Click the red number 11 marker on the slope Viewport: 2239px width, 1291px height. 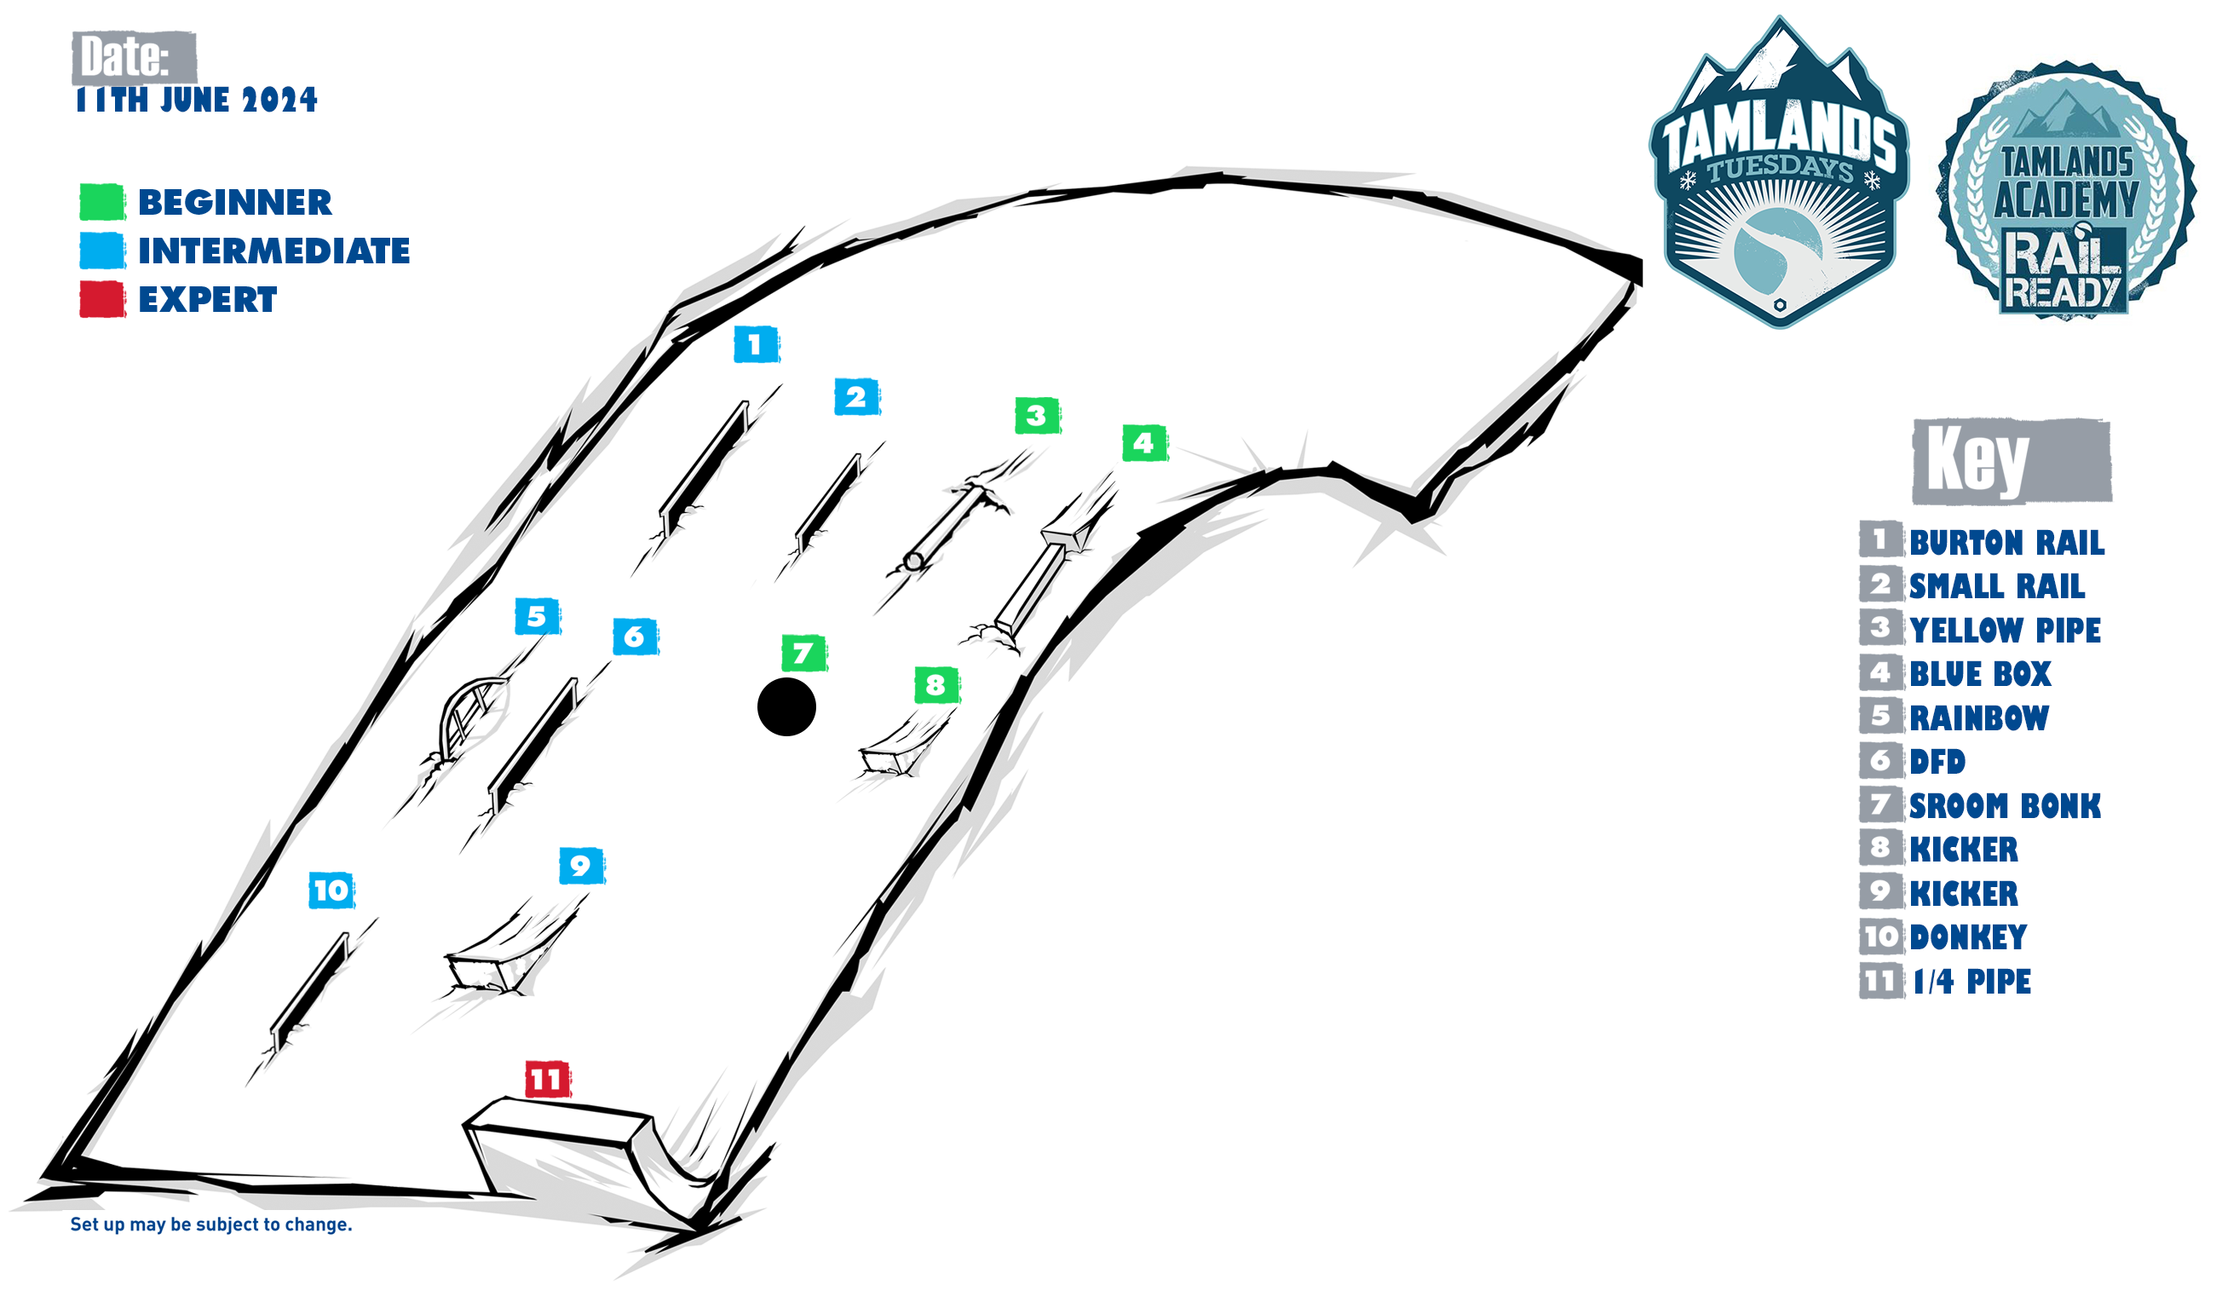click(547, 1079)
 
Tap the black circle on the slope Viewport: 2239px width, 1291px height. click(786, 706)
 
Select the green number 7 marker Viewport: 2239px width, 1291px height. click(803, 654)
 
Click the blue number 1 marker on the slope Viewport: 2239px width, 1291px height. click(756, 344)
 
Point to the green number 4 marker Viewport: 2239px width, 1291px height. click(1144, 442)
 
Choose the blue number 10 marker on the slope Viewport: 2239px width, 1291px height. click(331, 890)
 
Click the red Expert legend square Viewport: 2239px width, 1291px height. click(102, 300)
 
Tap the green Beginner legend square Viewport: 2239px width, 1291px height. click(102, 202)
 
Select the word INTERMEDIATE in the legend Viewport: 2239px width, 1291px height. click(273, 251)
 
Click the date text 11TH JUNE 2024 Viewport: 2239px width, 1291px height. click(196, 100)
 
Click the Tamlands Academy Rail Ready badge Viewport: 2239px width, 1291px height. click(2065, 190)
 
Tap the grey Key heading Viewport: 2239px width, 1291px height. click(2012, 461)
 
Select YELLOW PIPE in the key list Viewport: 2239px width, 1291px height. click(2005, 630)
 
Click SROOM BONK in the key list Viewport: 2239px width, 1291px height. click(2005, 805)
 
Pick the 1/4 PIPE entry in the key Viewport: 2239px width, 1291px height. click(1971, 981)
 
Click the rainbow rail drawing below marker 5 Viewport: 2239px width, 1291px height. click(473, 717)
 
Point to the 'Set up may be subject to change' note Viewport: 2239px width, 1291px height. click(211, 1225)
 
